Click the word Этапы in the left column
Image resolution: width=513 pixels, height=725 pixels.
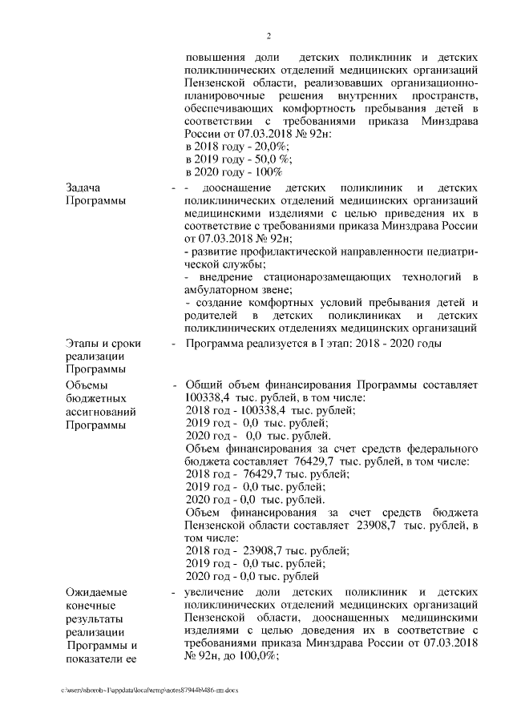point(84,343)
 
